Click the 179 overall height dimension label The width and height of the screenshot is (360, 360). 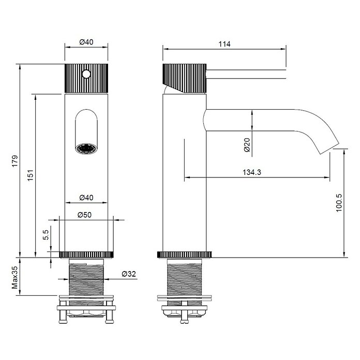click(x=15, y=161)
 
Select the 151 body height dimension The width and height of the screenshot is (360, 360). click(x=31, y=175)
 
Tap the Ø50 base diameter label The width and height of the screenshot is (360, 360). click(x=84, y=215)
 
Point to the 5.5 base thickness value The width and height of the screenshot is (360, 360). click(x=46, y=235)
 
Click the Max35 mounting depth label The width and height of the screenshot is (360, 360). click(x=15, y=277)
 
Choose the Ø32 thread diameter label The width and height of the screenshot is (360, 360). click(x=129, y=274)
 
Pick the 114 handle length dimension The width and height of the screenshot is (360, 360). click(x=224, y=44)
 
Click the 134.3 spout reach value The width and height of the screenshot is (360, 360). click(x=252, y=172)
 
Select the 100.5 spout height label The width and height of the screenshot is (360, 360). click(x=339, y=203)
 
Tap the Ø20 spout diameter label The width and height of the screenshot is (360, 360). click(x=247, y=145)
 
